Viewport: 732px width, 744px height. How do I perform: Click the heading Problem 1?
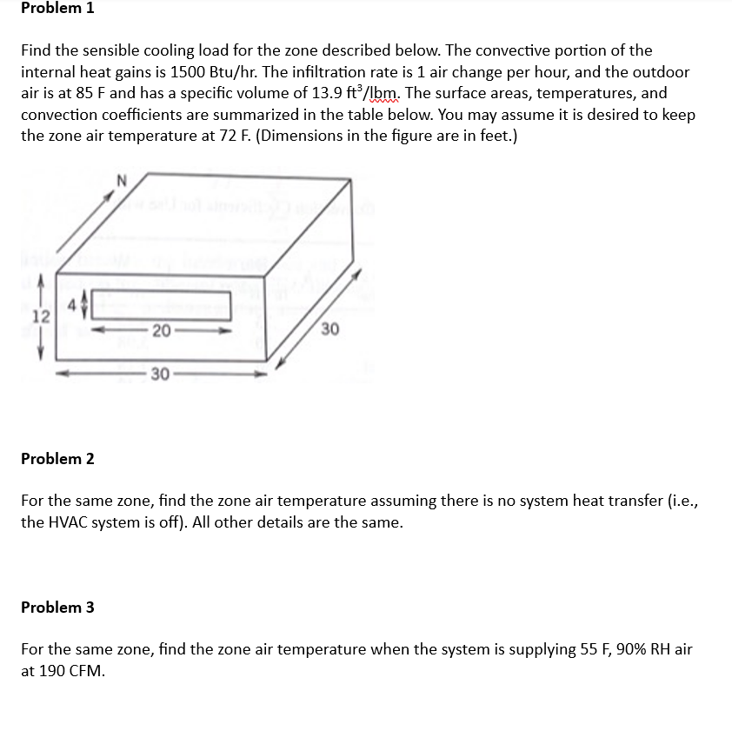coord(57,9)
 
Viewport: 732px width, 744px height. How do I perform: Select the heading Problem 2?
coord(57,459)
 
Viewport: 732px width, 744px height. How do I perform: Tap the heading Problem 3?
coord(57,608)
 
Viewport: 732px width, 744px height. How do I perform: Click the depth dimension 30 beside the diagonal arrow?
coord(329,329)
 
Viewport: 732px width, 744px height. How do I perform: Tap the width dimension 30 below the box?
coord(158,375)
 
